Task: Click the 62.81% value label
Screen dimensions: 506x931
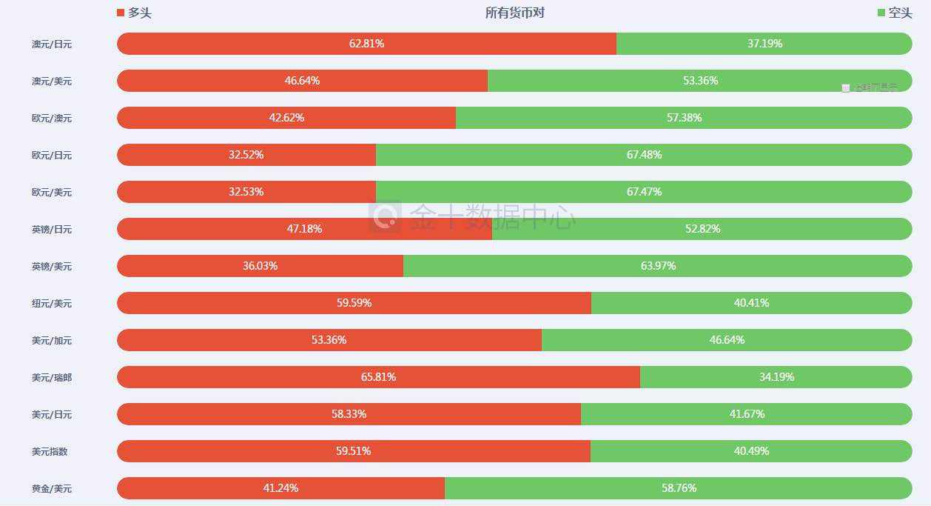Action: [x=366, y=44]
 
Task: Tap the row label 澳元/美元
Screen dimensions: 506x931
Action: [x=52, y=81]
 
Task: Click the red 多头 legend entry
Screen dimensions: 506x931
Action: [x=134, y=13]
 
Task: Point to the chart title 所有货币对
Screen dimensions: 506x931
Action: [x=515, y=13]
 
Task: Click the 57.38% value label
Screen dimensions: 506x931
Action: [x=684, y=118]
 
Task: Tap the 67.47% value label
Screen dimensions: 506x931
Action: [x=644, y=192]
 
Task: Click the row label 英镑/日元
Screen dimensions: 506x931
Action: [x=52, y=230]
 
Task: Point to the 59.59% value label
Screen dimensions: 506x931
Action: [x=354, y=303]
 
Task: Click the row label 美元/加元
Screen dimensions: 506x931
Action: [x=52, y=341]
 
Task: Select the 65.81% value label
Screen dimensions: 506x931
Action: [x=378, y=377]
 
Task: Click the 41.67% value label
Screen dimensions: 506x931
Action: [x=747, y=414]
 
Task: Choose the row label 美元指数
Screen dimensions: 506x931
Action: [x=50, y=452]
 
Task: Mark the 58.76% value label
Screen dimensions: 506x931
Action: [x=679, y=488]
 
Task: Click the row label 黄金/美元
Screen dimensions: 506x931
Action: [x=52, y=489]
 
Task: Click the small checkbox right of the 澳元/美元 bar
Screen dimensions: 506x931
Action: [x=846, y=88]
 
